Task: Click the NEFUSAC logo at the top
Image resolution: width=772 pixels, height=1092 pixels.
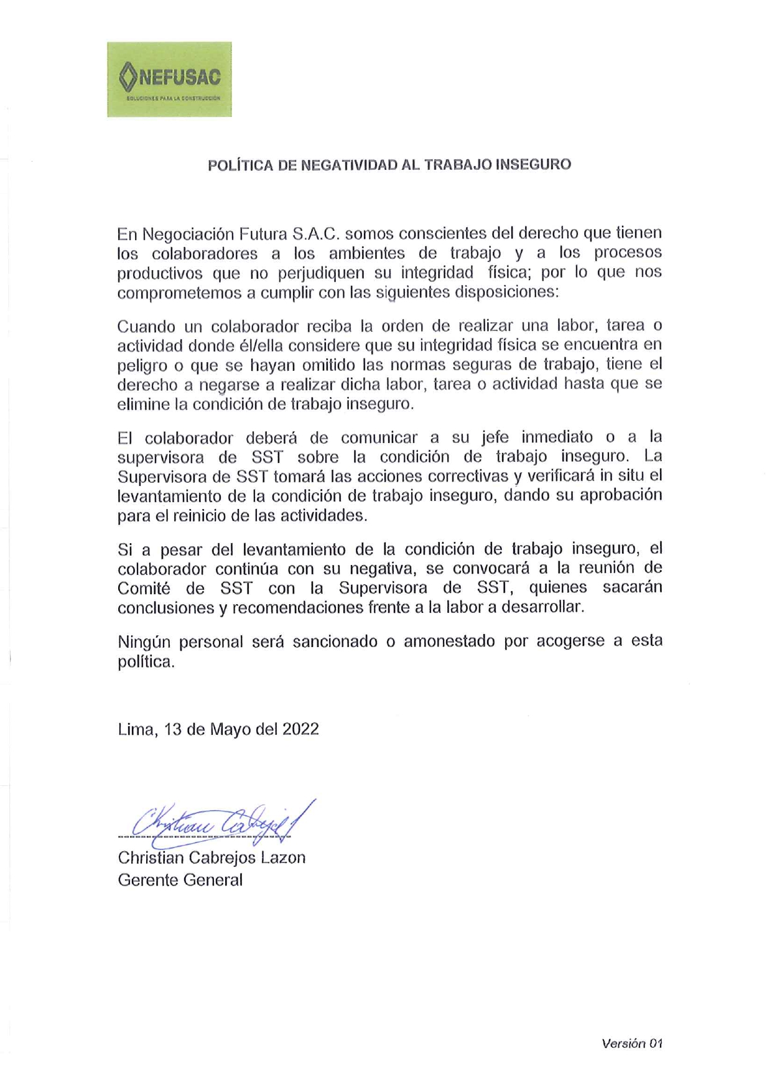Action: [169, 79]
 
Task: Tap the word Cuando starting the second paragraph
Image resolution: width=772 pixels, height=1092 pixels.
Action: [146, 326]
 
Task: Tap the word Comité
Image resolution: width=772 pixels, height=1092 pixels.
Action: [144, 588]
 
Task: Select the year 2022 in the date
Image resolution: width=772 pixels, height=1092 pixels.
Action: [300, 729]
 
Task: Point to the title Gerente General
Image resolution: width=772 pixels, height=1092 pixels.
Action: [180, 880]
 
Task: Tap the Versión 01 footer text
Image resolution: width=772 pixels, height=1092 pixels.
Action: [631, 1043]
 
